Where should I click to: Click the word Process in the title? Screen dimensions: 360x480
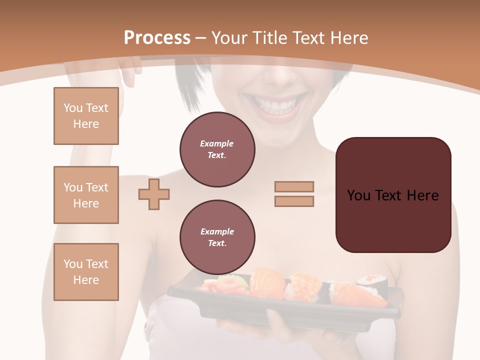(x=157, y=38)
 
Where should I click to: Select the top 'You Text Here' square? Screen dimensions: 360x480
(x=86, y=116)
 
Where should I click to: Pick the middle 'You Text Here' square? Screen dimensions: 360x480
(x=86, y=195)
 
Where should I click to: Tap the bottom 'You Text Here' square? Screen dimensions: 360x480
(x=86, y=272)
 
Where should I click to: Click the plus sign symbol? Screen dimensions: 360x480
(x=154, y=194)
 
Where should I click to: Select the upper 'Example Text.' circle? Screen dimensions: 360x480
(x=217, y=149)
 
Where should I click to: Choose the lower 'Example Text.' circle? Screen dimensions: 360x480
(x=217, y=237)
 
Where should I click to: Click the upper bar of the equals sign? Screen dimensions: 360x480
(x=294, y=186)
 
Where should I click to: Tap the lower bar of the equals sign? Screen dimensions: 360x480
(x=294, y=201)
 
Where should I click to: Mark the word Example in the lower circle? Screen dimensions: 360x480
(x=217, y=231)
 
